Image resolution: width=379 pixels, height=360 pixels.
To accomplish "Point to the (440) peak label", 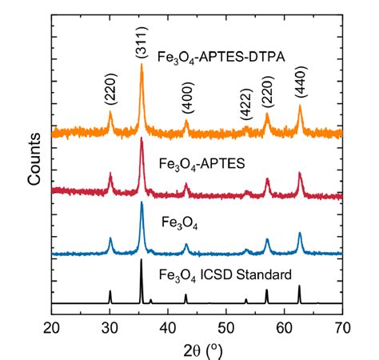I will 301,82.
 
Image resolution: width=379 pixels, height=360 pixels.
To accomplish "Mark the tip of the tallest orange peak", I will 142,65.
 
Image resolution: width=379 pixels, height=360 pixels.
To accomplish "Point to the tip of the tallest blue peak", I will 142,202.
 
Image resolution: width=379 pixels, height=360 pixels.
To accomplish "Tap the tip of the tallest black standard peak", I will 142,259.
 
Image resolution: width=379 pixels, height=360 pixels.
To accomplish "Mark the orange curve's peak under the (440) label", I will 300,105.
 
